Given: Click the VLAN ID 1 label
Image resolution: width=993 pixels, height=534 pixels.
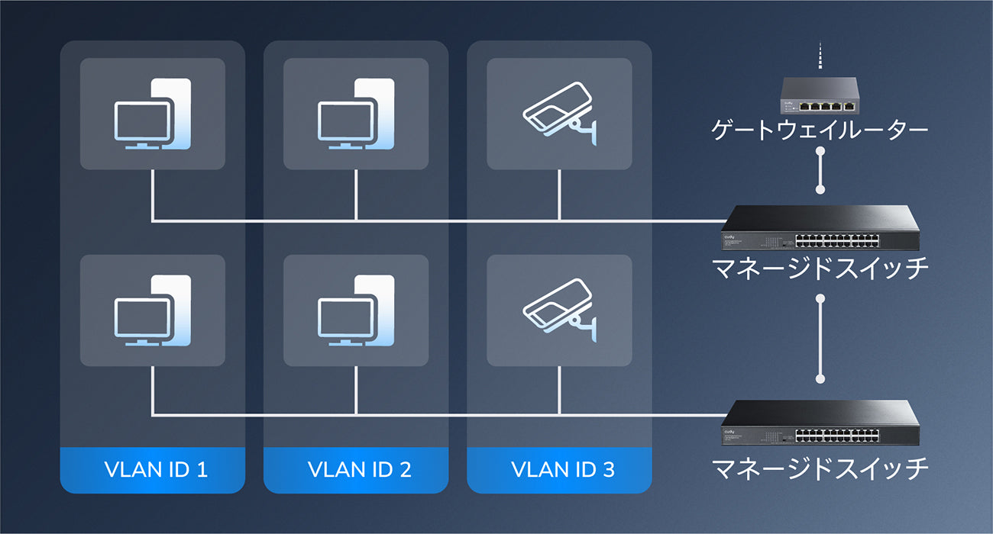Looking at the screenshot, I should (x=153, y=469).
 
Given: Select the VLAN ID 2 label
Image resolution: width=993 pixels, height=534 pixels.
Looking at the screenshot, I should (x=356, y=469).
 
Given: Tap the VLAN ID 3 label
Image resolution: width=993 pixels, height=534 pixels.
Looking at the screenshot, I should (x=559, y=469).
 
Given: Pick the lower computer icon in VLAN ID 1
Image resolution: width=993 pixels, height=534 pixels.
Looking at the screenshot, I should (x=153, y=310).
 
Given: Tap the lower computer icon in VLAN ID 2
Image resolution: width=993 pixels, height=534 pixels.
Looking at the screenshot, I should (x=356, y=310).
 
